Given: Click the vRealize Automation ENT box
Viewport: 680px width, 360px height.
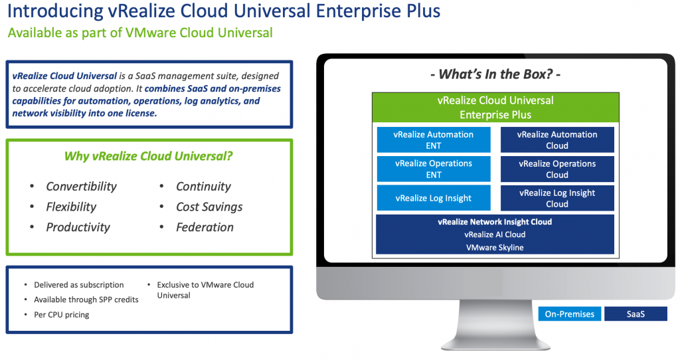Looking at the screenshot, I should point(434,139).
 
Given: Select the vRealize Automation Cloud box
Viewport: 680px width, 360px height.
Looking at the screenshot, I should point(557,139).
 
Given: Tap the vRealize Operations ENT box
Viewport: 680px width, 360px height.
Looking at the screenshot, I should point(434,169).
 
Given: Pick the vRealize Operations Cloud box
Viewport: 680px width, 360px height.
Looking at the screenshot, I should point(557,169).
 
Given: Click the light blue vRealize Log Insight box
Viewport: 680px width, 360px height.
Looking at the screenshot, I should point(434,198).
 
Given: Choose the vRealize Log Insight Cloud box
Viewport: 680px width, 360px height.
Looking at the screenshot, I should point(557,198).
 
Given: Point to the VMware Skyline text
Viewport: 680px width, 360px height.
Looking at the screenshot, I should point(495,247).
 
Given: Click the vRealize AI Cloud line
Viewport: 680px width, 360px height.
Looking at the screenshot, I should point(495,234).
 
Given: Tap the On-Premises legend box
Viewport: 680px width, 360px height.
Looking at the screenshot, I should point(569,314).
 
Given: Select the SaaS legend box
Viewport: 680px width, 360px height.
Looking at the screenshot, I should point(636,314).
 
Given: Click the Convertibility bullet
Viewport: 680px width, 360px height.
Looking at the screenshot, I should point(81,187).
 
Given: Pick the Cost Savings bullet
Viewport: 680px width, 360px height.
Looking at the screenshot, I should point(209,207).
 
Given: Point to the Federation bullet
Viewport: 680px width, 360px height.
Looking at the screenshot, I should point(205,227).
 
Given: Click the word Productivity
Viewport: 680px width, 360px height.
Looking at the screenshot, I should point(78,227).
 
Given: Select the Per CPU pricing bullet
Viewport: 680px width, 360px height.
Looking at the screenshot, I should point(61,314).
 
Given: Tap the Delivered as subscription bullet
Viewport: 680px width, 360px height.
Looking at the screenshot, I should point(78,285).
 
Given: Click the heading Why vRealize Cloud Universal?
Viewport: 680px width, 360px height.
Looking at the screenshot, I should point(148,157).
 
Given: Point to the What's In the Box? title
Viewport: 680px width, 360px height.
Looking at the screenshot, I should point(495,74).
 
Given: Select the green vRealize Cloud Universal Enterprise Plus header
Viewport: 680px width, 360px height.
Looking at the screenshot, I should point(495,108).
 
